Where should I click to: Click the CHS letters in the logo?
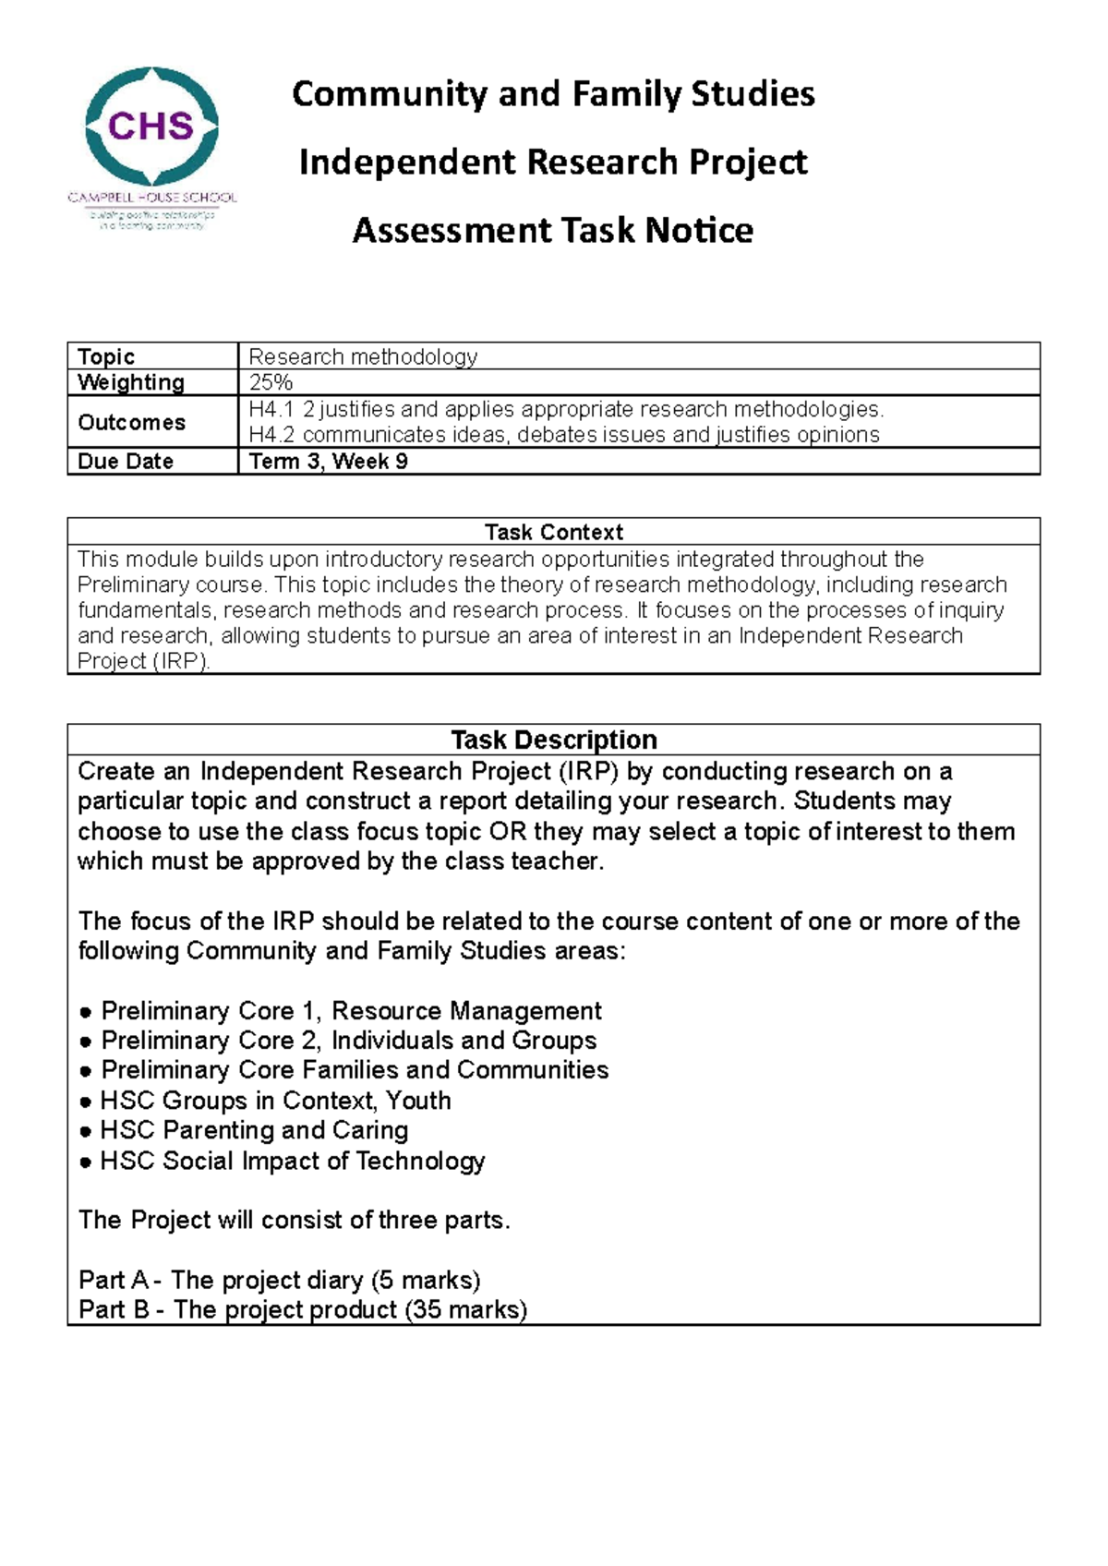151,126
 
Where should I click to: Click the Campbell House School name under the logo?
152,197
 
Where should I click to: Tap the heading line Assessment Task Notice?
552,230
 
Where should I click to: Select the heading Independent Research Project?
552,162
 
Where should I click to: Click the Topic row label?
106,356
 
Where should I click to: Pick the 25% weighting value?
271,382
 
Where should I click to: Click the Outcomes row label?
131,422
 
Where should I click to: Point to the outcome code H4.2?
271,435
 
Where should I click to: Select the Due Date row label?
126,461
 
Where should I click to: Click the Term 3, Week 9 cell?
328,461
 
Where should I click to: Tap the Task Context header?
553,532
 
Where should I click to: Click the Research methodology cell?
363,356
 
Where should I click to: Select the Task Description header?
553,740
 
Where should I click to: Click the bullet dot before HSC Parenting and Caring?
85,1131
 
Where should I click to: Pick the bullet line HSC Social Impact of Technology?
292,1161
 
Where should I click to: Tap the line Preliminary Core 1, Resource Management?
351,1010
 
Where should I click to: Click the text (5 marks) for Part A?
426,1280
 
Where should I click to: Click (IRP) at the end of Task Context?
181,661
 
